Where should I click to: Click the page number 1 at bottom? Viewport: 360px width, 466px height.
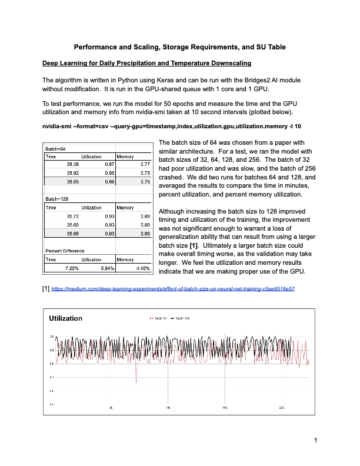315,440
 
